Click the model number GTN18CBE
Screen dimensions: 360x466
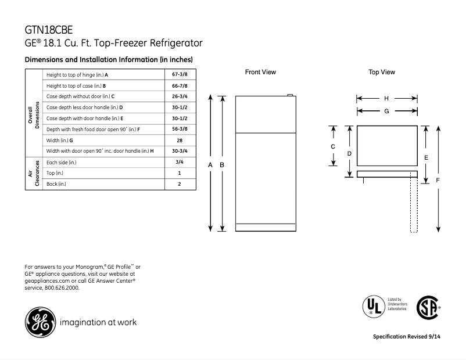(49, 29)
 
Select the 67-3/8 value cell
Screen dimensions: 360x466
(180, 75)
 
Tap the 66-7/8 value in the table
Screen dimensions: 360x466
(180, 86)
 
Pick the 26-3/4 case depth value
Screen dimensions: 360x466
(180, 96)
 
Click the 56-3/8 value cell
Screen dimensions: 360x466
(180, 129)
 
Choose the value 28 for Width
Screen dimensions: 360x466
(180, 140)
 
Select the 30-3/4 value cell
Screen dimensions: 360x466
(180, 151)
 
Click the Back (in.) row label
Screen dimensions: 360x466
(56, 184)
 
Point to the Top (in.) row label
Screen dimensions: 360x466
(55, 173)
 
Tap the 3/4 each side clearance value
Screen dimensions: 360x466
(180, 162)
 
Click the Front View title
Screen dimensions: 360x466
(260, 73)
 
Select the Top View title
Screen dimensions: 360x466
(382, 73)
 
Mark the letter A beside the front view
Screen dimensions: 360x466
(210, 165)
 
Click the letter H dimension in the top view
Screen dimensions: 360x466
(386, 99)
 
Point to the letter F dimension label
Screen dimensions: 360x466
(438, 181)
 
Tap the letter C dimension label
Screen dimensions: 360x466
(333, 147)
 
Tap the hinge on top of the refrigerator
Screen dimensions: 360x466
(289, 94)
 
